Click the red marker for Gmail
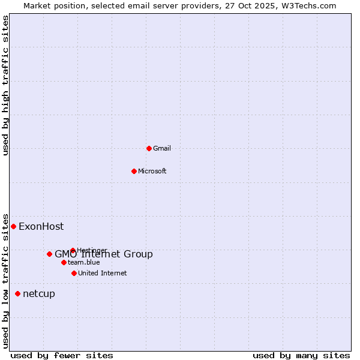(149, 148)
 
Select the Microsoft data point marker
(134, 171)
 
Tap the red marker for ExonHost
(13, 226)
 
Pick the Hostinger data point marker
(73, 250)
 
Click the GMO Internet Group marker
(49, 254)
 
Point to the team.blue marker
(64, 262)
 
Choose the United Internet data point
(74, 273)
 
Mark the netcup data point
(17, 293)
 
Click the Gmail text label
(162, 148)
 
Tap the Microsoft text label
(152, 171)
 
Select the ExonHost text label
(41, 226)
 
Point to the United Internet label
(102, 273)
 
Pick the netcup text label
(38, 293)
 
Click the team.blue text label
(83, 262)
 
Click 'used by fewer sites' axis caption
(62, 355)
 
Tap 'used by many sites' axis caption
(301, 355)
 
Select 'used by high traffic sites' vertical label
(5, 85)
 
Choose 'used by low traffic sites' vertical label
(5, 280)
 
